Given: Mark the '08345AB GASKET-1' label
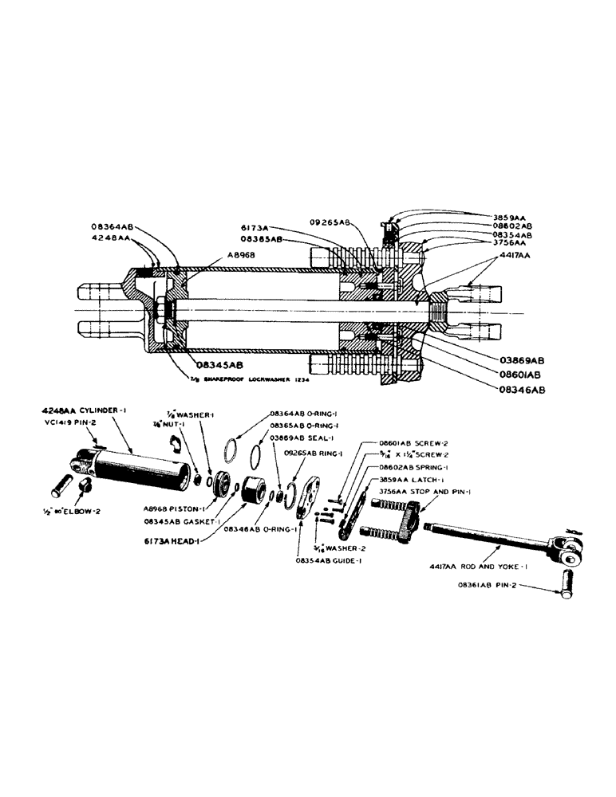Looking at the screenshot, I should [177, 521].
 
